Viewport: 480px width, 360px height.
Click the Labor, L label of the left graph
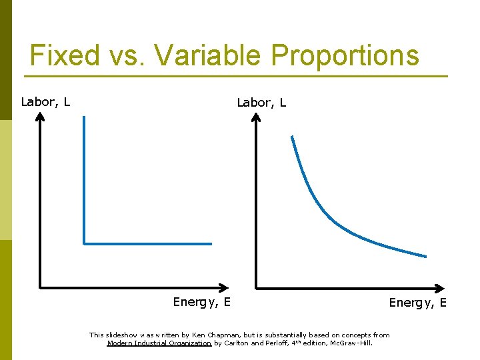point(46,102)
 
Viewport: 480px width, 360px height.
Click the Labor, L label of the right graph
point(262,103)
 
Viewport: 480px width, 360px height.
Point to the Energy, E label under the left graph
point(202,302)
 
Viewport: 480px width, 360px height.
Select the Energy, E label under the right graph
point(418,303)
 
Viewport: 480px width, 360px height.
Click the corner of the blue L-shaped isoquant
point(84,243)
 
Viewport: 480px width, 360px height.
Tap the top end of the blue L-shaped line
point(84,118)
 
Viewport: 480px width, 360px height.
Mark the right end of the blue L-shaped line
point(211,243)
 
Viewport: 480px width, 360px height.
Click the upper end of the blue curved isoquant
point(291,137)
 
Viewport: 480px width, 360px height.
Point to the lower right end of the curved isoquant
point(425,256)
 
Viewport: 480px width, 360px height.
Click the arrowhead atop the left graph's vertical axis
point(41,116)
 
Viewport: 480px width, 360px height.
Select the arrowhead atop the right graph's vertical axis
point(257,116)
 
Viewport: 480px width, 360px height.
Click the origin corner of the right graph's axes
point(257,288)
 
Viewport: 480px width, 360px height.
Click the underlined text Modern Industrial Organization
point(159,343)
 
